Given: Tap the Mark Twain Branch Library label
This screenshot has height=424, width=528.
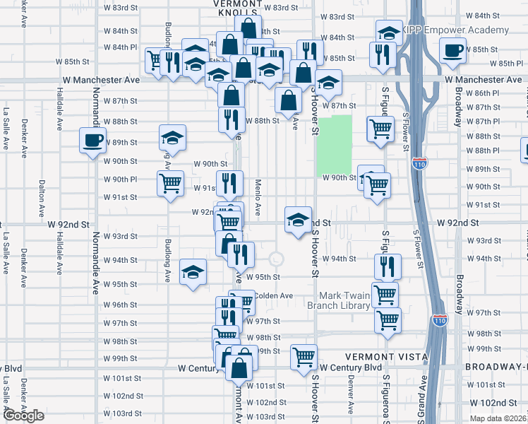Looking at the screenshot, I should [344, 300].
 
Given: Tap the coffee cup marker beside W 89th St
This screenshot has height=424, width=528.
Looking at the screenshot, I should [92, 141].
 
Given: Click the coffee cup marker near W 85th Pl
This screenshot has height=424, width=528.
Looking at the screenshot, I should [452, 50].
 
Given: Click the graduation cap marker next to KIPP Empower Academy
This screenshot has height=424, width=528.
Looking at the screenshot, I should [388, 33].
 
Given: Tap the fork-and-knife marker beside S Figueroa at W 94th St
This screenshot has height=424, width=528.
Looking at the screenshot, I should [388, 266].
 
